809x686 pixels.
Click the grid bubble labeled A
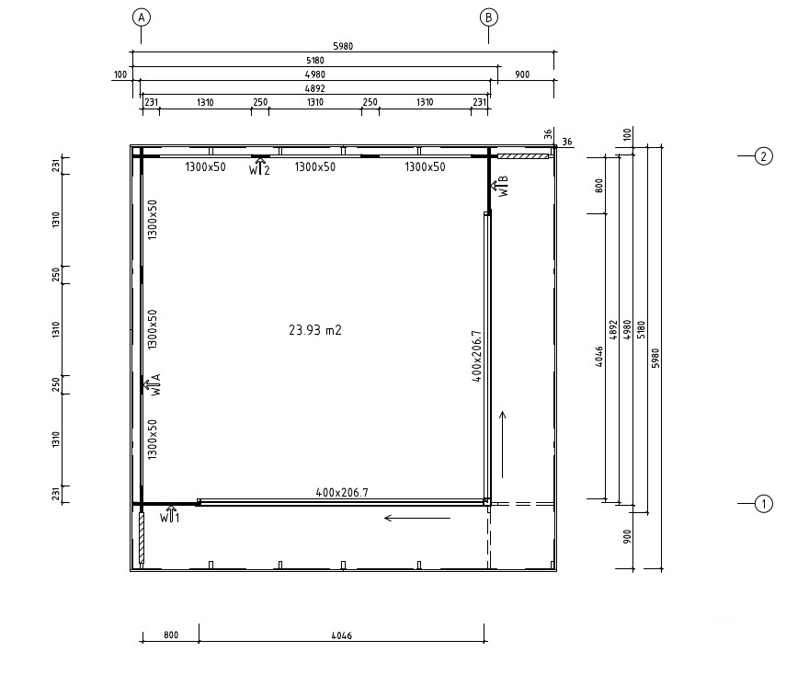141,17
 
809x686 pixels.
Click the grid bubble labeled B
488,17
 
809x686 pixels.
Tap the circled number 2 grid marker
764,156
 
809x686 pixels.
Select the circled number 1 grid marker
764,504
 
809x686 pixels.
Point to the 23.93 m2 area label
314,330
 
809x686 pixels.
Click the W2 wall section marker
259,166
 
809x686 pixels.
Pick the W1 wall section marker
170,515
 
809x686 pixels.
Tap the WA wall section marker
153,384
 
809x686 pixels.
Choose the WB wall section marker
500,186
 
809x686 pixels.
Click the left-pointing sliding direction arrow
417,518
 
